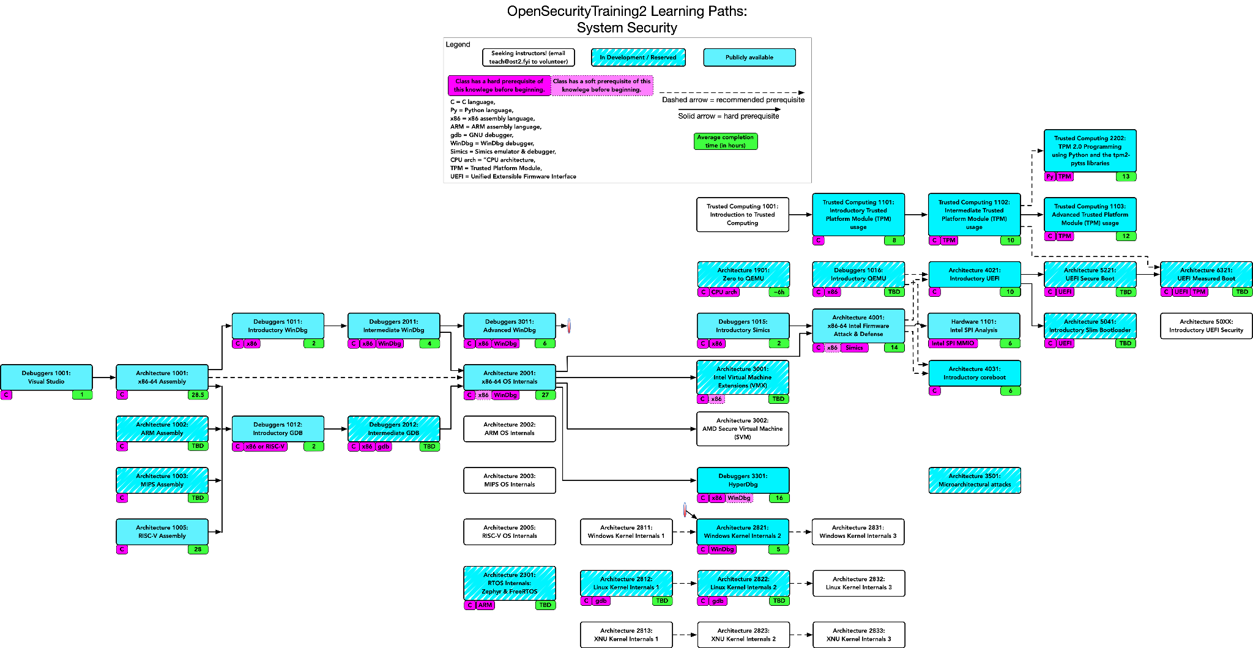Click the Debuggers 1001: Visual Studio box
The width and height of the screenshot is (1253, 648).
click(x=46, y=377)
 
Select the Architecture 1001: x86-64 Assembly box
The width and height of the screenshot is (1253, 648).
click(x=162, y=377)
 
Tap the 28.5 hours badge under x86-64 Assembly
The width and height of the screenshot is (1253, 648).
click(x=198, y=395)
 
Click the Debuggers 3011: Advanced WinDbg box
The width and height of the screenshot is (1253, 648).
click(x=510, y=326)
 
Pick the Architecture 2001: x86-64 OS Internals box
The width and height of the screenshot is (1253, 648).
click(x=510, y=377)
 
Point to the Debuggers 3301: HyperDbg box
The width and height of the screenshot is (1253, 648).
click(x=743, y=480)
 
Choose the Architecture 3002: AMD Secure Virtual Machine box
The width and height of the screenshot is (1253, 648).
click(x=743, y=428)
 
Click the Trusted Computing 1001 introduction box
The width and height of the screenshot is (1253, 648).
click(x=743, y=214)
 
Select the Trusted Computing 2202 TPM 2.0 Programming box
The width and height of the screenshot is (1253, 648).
click(x=1090, y=151)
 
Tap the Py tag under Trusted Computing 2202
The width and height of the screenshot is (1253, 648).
click(x=1050, y=177)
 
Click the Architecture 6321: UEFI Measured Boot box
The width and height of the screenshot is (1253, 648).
click(x=1207, y=274)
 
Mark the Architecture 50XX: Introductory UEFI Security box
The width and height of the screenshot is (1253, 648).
click(x=1206, y=326)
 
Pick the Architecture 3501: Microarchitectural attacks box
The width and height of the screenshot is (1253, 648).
click(x=975, y=480)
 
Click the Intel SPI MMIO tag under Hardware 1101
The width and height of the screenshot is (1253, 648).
click(x=953, y=343)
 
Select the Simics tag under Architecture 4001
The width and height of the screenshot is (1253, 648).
click(x=854, y=348)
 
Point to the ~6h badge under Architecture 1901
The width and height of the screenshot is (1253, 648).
click(x=779, y=292)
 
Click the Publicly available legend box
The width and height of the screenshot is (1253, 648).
click(x=749, y=58)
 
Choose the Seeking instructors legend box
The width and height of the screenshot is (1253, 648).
click(x=529, y=58)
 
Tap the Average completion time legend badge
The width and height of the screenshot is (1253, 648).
click(x=726, y=141)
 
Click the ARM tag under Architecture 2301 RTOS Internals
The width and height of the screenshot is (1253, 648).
click(x=485, y=605)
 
